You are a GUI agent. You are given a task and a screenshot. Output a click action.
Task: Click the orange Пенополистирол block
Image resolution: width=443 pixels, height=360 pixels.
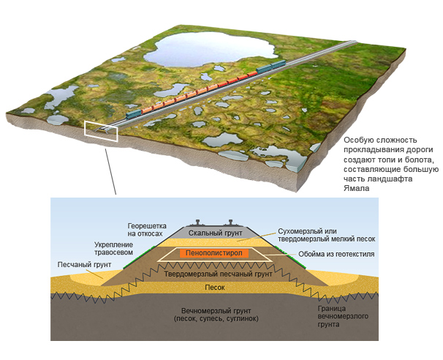point(214,253)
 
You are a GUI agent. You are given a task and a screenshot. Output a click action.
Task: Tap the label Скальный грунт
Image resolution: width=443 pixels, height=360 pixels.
point(215,233)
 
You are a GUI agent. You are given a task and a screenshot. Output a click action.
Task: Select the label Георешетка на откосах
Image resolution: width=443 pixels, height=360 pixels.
point(147,230)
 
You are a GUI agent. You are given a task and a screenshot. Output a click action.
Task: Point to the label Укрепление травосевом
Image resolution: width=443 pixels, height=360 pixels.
point(113,248)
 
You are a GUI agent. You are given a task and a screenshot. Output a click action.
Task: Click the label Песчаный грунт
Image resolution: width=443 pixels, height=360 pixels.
point(84,265)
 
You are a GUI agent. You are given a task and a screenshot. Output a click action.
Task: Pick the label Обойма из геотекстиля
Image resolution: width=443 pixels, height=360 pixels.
point(336,254)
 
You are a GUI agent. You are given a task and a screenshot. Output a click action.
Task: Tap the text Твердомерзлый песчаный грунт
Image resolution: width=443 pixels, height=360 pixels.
point(218,274)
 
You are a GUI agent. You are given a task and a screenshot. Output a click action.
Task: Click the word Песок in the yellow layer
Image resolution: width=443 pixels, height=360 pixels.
point(215,288)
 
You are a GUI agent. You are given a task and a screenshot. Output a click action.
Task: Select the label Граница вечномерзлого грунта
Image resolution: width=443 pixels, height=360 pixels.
point(343,316)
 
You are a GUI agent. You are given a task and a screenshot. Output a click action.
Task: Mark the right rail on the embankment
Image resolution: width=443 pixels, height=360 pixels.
point(231,222)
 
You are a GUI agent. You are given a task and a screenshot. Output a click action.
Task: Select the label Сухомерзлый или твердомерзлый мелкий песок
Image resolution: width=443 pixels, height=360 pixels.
point(327,235)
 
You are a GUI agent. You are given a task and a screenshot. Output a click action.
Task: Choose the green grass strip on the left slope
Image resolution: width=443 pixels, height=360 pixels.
point(139,258)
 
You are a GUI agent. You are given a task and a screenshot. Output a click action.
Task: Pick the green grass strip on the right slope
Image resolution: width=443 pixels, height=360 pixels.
point(290,258)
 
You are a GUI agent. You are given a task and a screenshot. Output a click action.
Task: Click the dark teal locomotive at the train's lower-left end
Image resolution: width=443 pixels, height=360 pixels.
point(133,114)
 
